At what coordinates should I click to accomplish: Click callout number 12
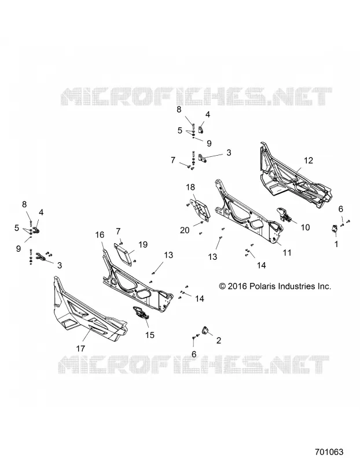pyautogui.click(x=308, y=160)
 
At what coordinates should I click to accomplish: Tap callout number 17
pyautogui.click(x=80, y=348)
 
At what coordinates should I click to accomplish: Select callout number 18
pyautogui.click(x=190, y=187)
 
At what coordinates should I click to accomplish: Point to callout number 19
pyautogui.click(x=143, y=244)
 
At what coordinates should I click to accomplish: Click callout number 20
pyautogui.click(x=185, y=230)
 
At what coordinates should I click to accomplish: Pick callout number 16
pyautogui.click(x=100, y=235)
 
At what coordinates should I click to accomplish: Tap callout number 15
pyautogui.click(x=150, y=335)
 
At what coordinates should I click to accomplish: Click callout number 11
pyautogui.click(x=286, y=252)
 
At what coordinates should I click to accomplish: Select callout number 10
pyautogui.click(x=305, y=227)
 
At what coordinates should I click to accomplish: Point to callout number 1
pyautogui.click(x=336, y=244)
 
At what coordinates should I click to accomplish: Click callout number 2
pyautogui.click(x=219, y=340)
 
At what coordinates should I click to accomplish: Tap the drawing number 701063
pyautogui.click(x=329, y=452)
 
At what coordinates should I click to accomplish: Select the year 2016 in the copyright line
pyautogui.click(x=237, y=286)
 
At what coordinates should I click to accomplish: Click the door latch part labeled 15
pyautogui.click(x=141, y=313)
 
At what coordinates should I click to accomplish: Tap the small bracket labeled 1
pyautogui.click(x=335, y=229)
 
